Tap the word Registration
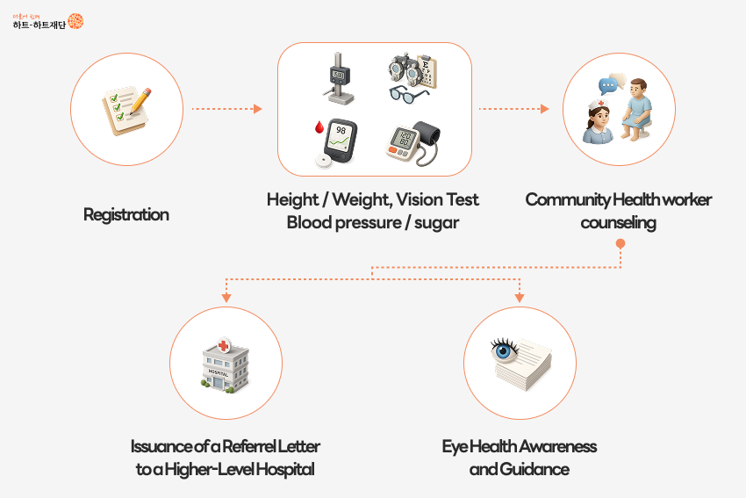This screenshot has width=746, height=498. (x=126, y=214)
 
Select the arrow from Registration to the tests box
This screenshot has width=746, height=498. (x=226, y=109)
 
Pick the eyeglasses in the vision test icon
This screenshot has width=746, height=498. (x=409, y=93)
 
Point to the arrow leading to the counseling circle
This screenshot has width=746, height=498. (x=513, y=109)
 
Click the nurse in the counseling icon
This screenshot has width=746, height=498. (x=599, y=122)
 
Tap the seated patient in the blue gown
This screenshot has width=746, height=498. (x=638, y=109)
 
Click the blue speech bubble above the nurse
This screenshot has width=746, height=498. (x=606, y=86)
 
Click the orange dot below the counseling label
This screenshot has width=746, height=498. (x=620, y=243)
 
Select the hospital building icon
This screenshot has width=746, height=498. (x=226, y=364)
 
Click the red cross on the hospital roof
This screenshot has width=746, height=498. (x=226, y=346)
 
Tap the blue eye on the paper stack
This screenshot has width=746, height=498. (x=505, y=350)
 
